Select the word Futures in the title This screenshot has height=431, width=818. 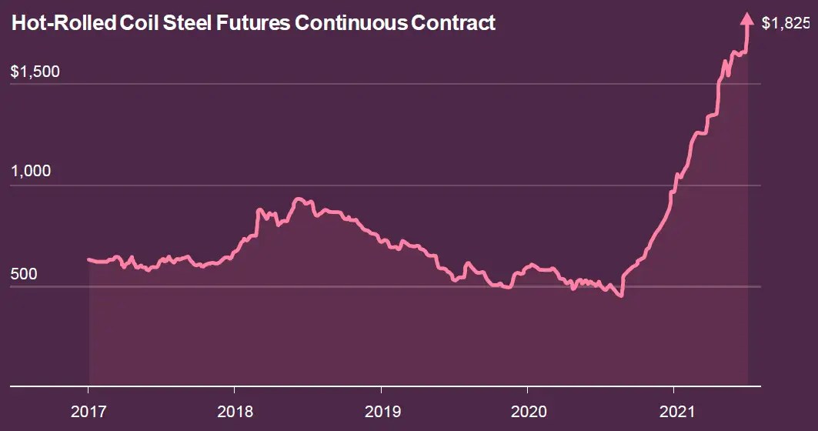258,23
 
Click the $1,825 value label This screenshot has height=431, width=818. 785,24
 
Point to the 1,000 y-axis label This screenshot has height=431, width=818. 31,171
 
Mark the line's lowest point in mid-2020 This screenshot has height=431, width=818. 620,296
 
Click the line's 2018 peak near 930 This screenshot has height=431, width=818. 299,199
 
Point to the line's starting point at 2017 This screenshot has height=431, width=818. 88,259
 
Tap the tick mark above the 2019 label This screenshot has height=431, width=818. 381,389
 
